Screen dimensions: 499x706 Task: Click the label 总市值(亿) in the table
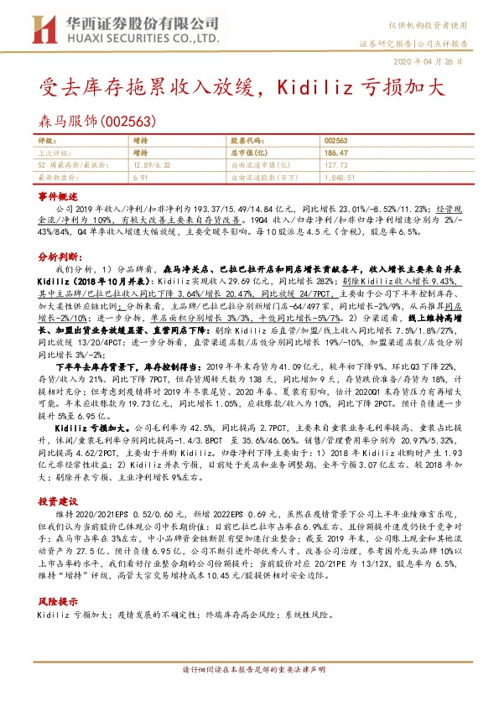[x=247, y=153]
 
